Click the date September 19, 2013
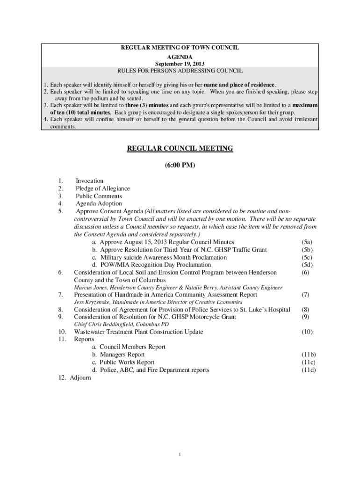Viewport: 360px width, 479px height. (180, 64)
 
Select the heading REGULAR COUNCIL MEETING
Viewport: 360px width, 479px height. (180, 149)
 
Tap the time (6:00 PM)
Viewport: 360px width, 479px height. (180, 166)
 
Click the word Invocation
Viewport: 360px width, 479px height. (90, 181)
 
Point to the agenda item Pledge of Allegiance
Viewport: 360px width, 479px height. (103, 189)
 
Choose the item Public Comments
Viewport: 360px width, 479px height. (99, 196)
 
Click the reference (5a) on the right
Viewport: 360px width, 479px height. (307, 242)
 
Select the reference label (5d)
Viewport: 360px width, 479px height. (307, 265)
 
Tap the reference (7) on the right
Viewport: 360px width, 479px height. (305, 295)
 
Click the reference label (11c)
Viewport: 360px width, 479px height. (308, 363)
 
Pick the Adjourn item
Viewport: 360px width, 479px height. (80, 377)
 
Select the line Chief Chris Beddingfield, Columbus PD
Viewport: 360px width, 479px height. (122, 325)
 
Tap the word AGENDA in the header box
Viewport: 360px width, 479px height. (180, 56)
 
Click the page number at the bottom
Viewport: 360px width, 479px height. (180, 455)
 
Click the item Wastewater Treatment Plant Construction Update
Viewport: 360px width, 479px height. (138, 332)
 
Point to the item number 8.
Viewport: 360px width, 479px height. (61, 310)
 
